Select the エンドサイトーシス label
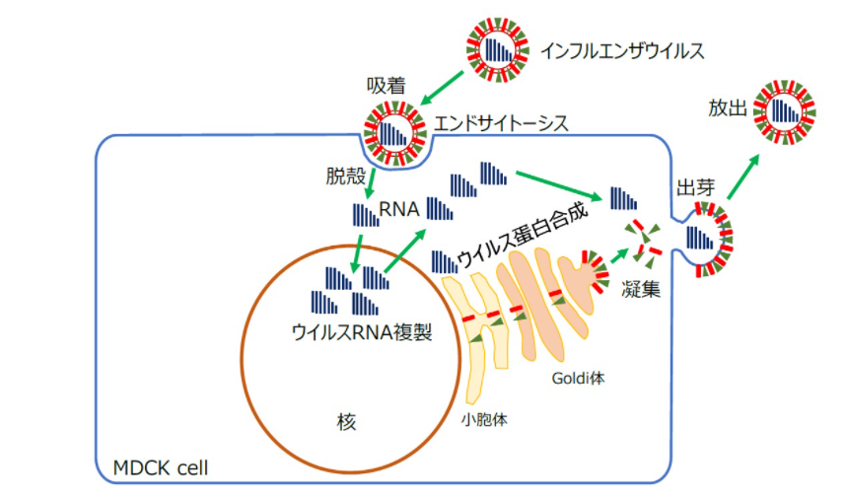pyautogui.click(x=501, y=125)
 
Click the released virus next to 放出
pyautogui.click(x=785, y=110)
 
